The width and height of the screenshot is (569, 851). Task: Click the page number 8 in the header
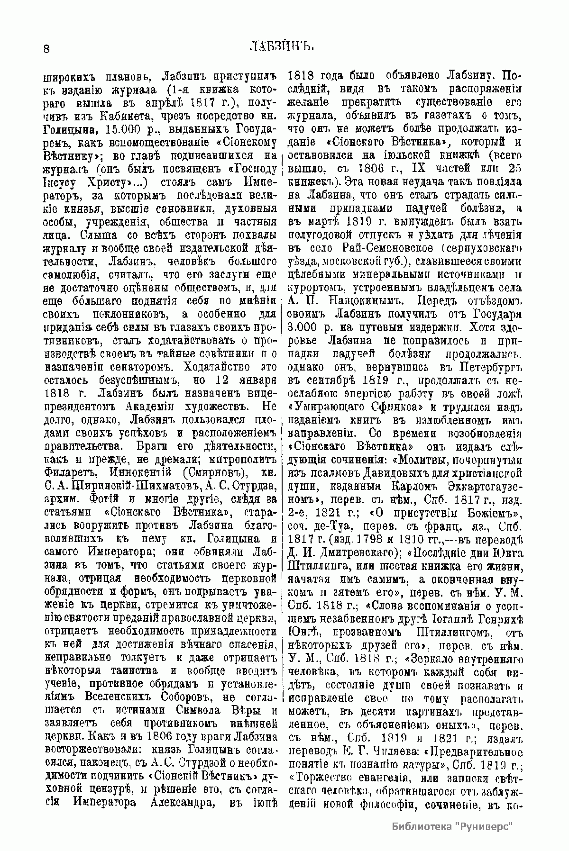[x=46, y=49]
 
